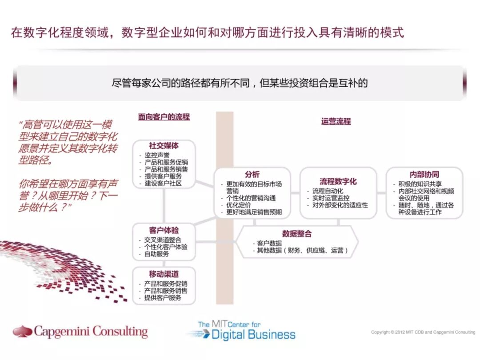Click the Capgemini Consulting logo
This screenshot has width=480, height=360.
(80, 332)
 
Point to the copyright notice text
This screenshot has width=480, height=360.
(423, 332)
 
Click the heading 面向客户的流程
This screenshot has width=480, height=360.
(164, 117)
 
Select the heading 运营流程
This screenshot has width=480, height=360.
(336, 121)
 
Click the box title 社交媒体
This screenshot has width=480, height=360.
(164, 146)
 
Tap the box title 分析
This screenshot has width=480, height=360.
(252, 174)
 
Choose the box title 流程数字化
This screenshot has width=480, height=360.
(338, 181)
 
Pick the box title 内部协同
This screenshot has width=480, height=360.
(424, 174)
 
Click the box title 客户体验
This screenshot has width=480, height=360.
(164, 230)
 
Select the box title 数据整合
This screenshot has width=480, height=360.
(297, 234)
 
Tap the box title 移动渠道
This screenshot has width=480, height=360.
(164, 274)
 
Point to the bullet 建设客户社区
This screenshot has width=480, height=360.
(163, 183)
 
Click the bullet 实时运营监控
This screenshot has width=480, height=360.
(331, 198)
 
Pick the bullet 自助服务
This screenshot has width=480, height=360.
(156, 254)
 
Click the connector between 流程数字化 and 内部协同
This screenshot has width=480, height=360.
(381, 193)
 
